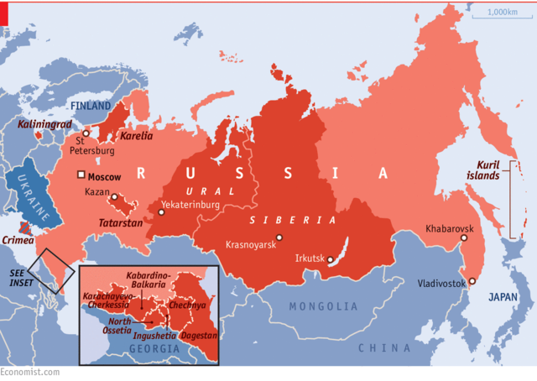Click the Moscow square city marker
81,175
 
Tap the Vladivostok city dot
472,281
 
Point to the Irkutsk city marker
331,263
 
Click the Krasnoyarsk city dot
279,237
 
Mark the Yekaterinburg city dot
161,212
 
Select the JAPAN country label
504,296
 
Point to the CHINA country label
384,347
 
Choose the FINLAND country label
91,107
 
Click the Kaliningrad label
44,124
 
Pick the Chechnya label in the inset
186,305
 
